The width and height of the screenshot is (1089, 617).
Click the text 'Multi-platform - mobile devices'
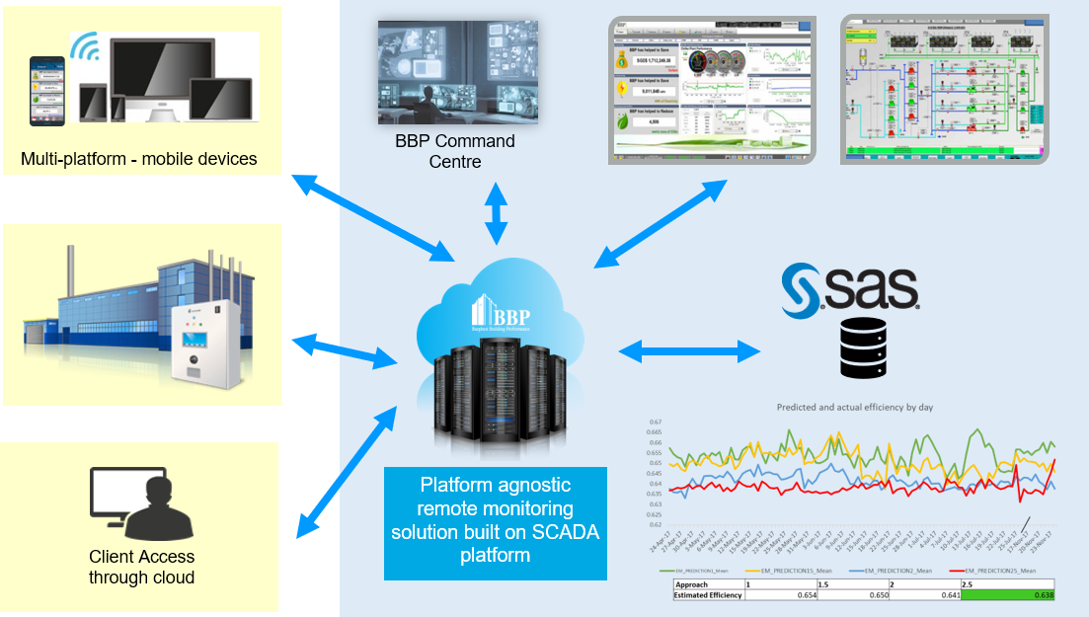139,159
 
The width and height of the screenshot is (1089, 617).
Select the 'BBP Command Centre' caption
455,151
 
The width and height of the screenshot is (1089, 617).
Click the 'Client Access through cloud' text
141,568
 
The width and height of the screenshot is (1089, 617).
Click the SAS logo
850,289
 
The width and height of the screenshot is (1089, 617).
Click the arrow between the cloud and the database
688,349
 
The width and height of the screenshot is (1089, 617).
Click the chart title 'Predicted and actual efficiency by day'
854,406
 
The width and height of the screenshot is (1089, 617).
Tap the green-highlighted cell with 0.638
1008,595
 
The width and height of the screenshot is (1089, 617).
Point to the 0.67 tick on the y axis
655,422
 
